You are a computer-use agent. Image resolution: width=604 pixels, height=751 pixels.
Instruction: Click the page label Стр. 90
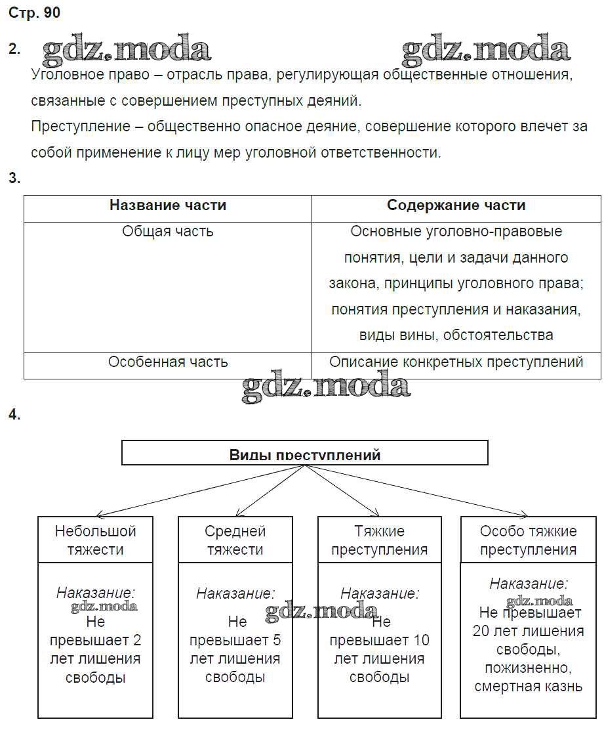point(34,13)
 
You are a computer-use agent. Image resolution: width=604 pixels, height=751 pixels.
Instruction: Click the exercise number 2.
point(14,49)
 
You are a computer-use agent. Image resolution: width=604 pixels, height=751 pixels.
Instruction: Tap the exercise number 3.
point(14,178)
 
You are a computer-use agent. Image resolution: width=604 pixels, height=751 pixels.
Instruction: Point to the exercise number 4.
point(14,414)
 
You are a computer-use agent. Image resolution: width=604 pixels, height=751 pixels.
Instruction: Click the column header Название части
point(167,205)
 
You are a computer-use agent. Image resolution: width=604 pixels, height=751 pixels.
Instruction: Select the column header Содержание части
point(456,205)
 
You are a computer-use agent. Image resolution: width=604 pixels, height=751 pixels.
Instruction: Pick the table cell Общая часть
point(167,232)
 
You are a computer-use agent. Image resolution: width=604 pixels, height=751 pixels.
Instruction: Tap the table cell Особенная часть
point(167,362)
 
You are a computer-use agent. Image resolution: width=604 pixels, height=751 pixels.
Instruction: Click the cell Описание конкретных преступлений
point(456,362)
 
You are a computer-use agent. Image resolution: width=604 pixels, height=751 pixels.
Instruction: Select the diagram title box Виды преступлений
point(305,454)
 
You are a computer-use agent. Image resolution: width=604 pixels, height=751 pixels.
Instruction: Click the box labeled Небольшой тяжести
point(96,540)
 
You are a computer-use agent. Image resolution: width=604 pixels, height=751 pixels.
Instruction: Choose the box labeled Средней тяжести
point(235,540)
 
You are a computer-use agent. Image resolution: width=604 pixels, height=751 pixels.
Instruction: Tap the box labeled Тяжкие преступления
point(379,540)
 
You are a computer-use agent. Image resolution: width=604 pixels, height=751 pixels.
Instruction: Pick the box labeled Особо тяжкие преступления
point(528,540)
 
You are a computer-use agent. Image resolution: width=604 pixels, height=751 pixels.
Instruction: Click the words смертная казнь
point(528,687)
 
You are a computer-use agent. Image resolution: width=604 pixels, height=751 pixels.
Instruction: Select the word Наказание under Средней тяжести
point(235,594)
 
